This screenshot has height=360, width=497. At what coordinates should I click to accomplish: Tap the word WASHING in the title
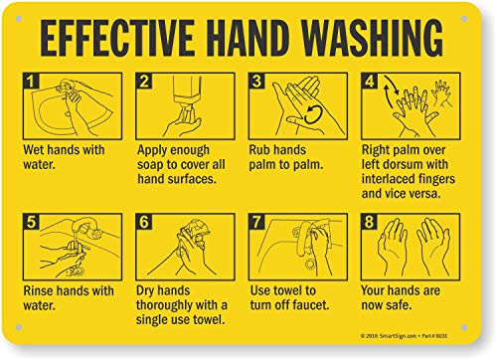click(x=375, y=39)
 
